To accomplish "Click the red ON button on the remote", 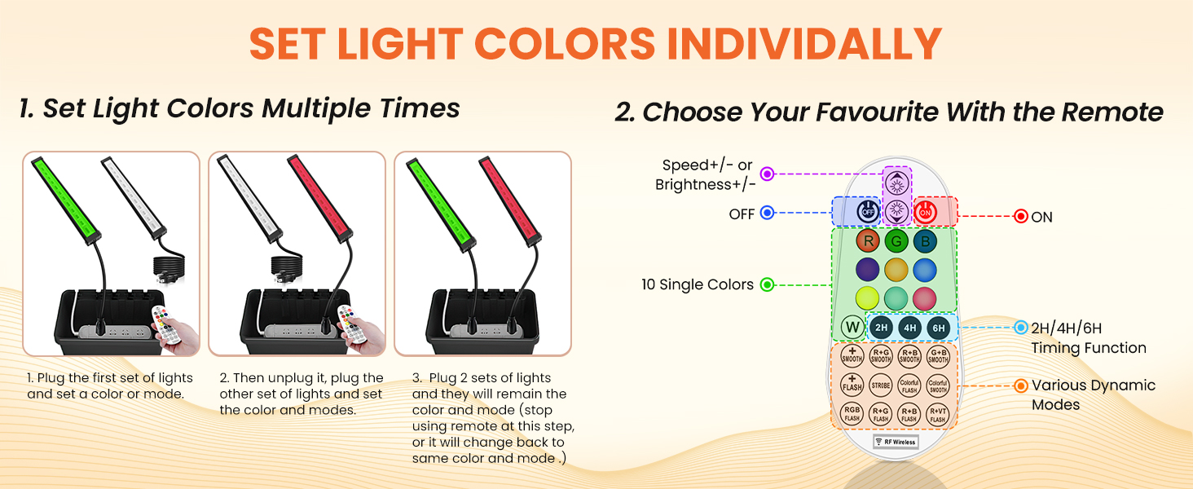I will click(x=925, y=212).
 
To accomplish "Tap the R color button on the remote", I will click(x=868, y=241).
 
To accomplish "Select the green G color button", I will click(x=896, y=241).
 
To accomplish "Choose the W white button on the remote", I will click(x=852, y=328).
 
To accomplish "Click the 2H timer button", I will click(x=881, y=328).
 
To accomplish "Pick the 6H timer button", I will click(x=939, y=328).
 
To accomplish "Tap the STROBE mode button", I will click(x=881, y=384).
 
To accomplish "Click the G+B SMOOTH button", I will click(x=938, y=355).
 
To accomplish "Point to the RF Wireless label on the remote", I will click(x=896, y=442).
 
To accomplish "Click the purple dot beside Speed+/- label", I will click(x=767, y=174).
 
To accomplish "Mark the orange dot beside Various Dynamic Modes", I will click(x=1020, y=385).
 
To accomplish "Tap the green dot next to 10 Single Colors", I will click(x=767, y=284).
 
